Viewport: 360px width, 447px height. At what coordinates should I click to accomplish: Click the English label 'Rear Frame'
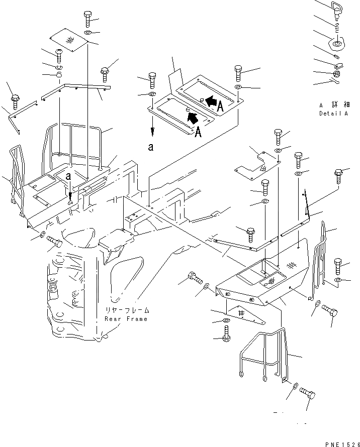click(x=126, y=319)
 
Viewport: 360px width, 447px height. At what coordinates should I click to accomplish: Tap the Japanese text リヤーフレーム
click(x=126, y=310)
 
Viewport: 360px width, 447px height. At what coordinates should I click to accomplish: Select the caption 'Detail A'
click(x=333, y=114)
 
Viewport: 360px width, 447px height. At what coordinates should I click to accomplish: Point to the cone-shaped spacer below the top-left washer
click(x=59, y=76)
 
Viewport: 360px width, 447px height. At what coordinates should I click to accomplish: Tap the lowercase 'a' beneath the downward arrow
click(x=150, y=147)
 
